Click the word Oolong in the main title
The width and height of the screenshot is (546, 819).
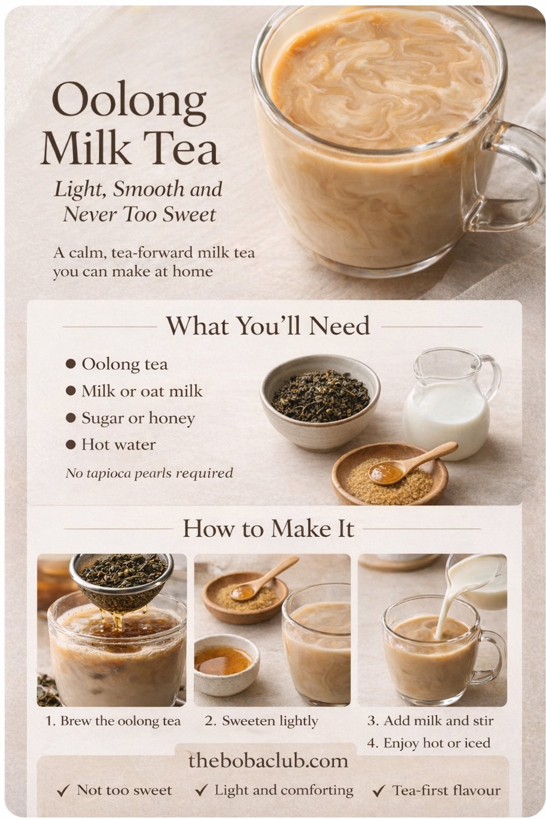(129, 102)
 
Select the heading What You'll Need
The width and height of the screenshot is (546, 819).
(268, 326)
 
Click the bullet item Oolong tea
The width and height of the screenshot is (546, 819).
(124, 364)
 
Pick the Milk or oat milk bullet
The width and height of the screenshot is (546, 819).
(141, 391)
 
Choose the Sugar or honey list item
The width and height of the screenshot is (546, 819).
(138, 418)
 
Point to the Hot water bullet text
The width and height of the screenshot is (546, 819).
(118, 444)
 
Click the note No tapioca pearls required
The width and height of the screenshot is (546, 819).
(149, 473)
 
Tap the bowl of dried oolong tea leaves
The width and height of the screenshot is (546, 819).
(319, 397)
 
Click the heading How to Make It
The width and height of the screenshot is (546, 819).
(268, 529)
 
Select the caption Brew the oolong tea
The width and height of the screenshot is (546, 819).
(113, 721)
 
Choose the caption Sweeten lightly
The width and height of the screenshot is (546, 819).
(262, 721)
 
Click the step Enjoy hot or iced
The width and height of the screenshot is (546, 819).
(429, 743)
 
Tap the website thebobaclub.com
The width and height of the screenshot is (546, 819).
(268, 761)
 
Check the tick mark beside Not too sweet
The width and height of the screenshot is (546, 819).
(63, 791)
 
